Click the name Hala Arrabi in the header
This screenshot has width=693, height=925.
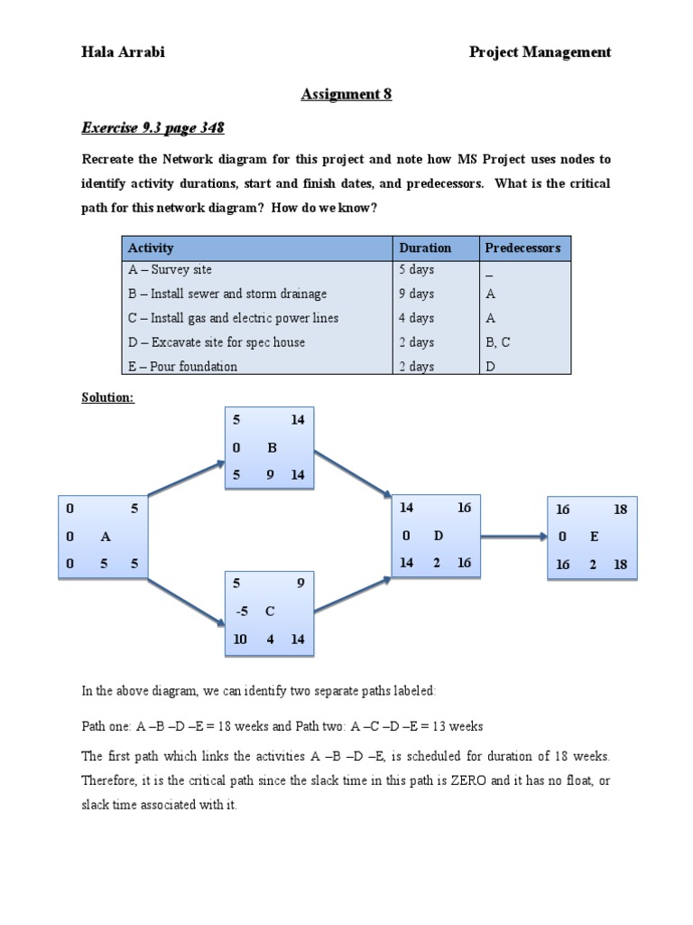[123, 52]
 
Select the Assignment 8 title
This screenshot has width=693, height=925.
[346, 94]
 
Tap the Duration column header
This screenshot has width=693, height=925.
[425, 248]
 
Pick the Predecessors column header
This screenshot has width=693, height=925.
[522, 248]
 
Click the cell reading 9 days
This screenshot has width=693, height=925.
[416, 294]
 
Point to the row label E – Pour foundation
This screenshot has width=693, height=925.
[182, 367]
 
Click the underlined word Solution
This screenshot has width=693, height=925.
[107, 397]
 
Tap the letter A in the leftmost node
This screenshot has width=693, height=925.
[106, 537]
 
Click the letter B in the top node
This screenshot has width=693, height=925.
[272, 447]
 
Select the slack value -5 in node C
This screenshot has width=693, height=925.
[241, 612]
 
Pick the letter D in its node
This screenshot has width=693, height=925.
[439, 536]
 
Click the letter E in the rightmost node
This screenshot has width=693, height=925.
[594, 537]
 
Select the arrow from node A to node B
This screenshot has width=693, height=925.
[186, 479]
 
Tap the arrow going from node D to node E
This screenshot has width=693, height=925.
[514, 536]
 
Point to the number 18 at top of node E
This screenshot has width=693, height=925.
[620, 509]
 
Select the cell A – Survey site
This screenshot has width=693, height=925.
[170, 269]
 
